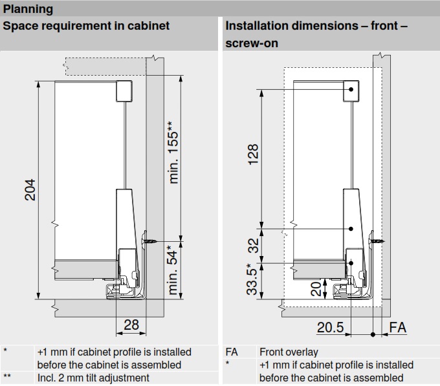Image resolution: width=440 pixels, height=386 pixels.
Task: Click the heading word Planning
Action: tap(28, 10)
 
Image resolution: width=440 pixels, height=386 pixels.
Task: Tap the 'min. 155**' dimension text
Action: tap(173, 152)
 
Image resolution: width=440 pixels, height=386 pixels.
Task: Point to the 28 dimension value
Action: tap(131, 325)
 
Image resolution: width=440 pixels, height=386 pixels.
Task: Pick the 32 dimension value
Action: tap(253, 245)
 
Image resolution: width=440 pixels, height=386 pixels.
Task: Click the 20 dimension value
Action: tap(315, 288)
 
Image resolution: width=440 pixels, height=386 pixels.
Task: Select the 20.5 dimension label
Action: tap(330, 328)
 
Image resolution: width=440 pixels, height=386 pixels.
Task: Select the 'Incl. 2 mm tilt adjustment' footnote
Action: tap(93, 378)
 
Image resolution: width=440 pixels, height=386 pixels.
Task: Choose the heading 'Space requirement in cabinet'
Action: tap(87, 27)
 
